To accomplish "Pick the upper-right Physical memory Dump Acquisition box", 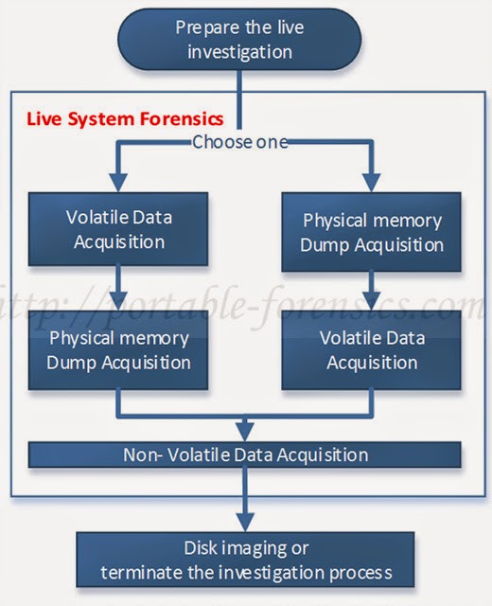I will point(372,232).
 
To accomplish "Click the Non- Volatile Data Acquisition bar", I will point(245,454).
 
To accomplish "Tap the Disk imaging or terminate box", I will point(246,560).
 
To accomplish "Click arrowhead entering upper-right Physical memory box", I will point(372,183).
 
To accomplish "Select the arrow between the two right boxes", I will point(372,288).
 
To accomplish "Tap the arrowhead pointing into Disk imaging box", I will point(246,523).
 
